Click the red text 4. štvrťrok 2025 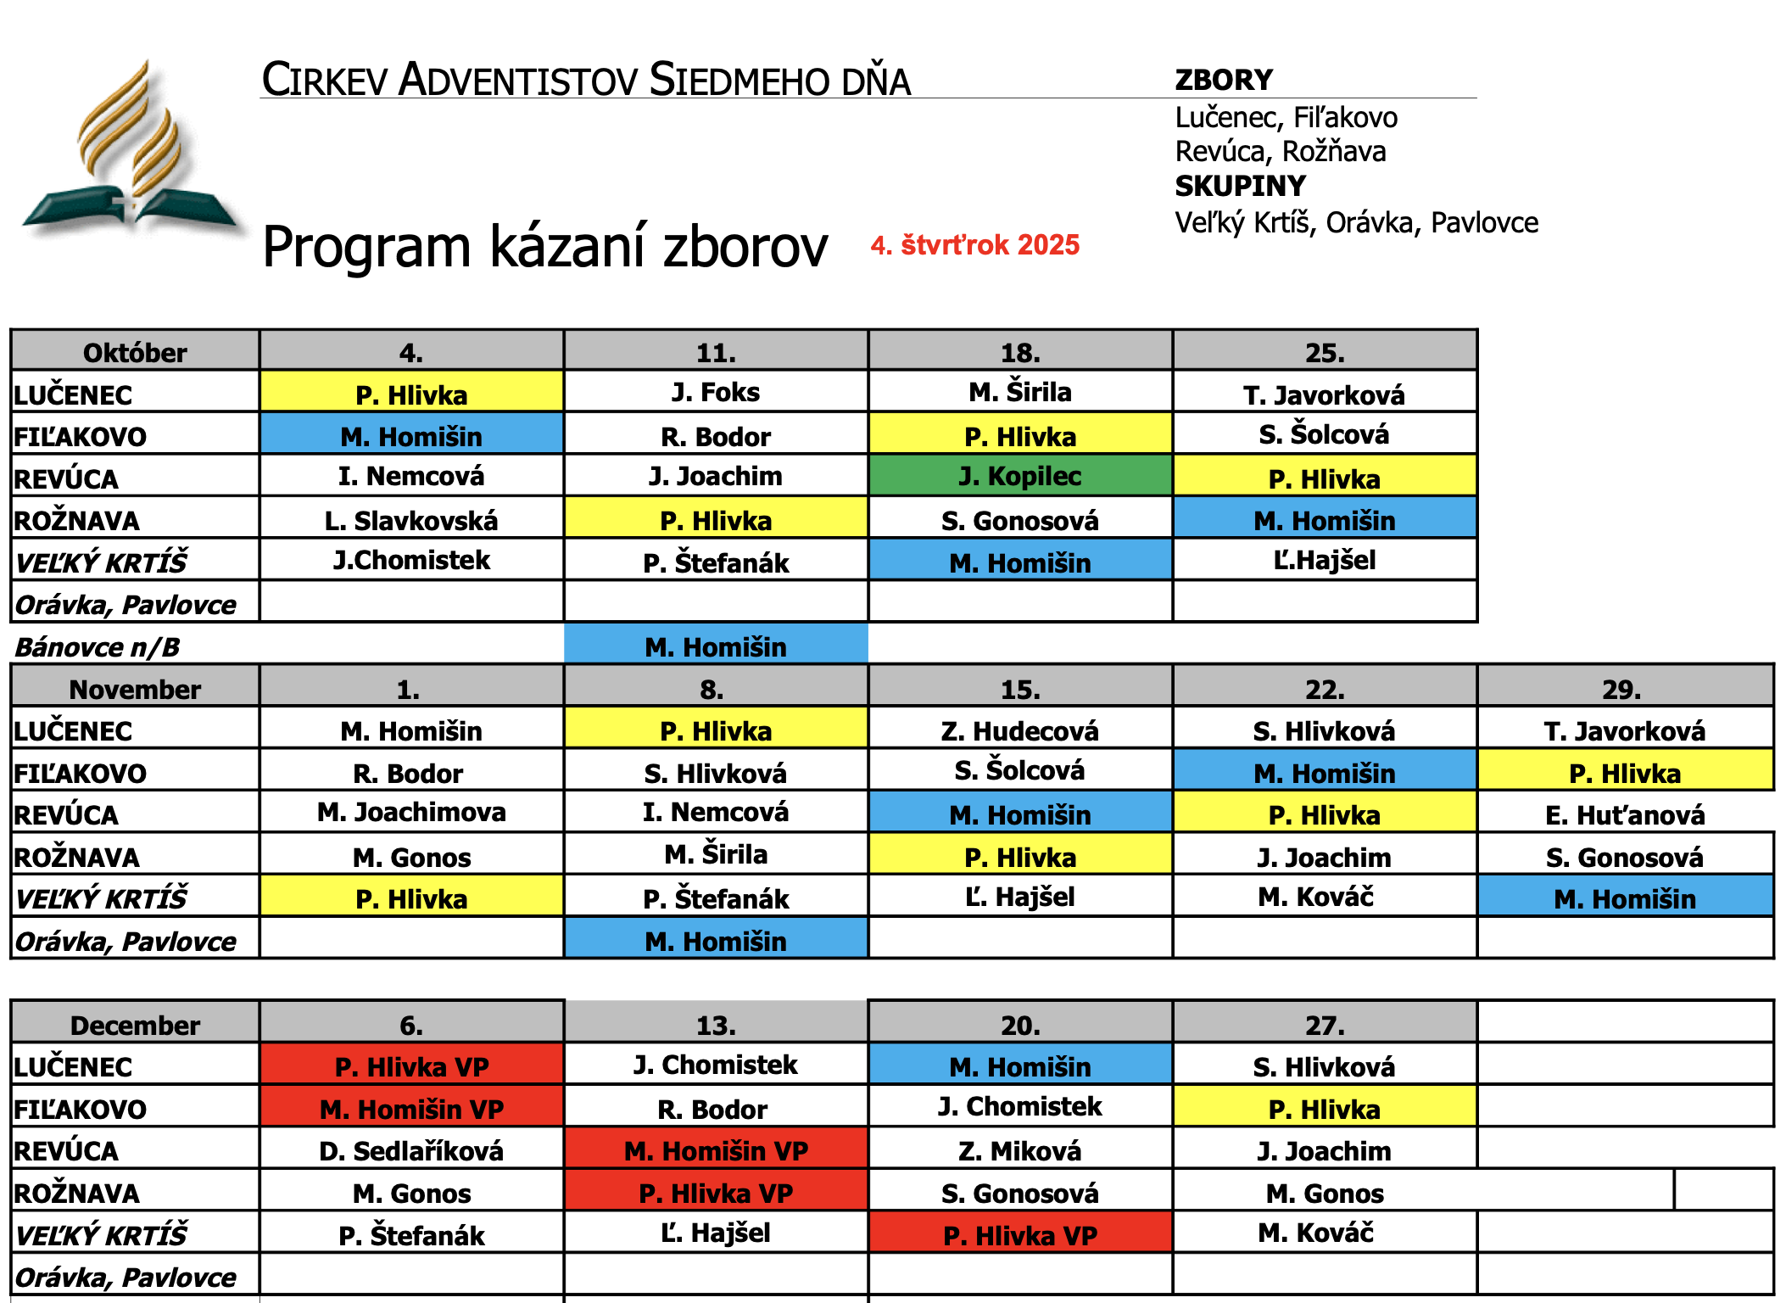pos(974,245)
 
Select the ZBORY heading pos(1223,80)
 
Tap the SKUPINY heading pos(1239,186)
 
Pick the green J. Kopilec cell pos(1019,476)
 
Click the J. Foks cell pos(715,392)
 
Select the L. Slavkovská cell pos(410,519)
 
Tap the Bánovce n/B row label pos(98,646)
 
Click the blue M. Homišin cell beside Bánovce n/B pos(715,646)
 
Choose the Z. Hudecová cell pos(1019,730)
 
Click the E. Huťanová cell pos(1624,814)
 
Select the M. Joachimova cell pos(410,812)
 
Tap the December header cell pos(135,1025)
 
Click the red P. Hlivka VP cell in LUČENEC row pos(410,1065)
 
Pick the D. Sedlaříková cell pos(410,1150)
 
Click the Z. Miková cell pos(1019,1150)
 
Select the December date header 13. pos(715,1025)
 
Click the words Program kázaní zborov pos(544,247)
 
